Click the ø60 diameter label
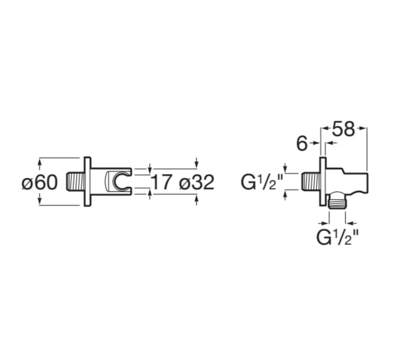(x=40, y=182)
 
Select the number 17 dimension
(x=162, y=182)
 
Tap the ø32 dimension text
(x=196, y=182)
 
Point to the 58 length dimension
(x=344, y=129)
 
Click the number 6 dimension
(x=302, y=144)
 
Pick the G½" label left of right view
(x=261, y=182)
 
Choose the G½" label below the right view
(x=338, y=237)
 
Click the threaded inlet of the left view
(x=76, y=182)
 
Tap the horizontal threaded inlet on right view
(x=310, y=182)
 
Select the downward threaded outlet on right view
(x=337, y=203)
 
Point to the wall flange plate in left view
(x=88, y=182)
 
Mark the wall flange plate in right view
(x=323, y=181)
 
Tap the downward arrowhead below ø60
(x=40, y=201)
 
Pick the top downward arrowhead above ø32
(x=196, y=164)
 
